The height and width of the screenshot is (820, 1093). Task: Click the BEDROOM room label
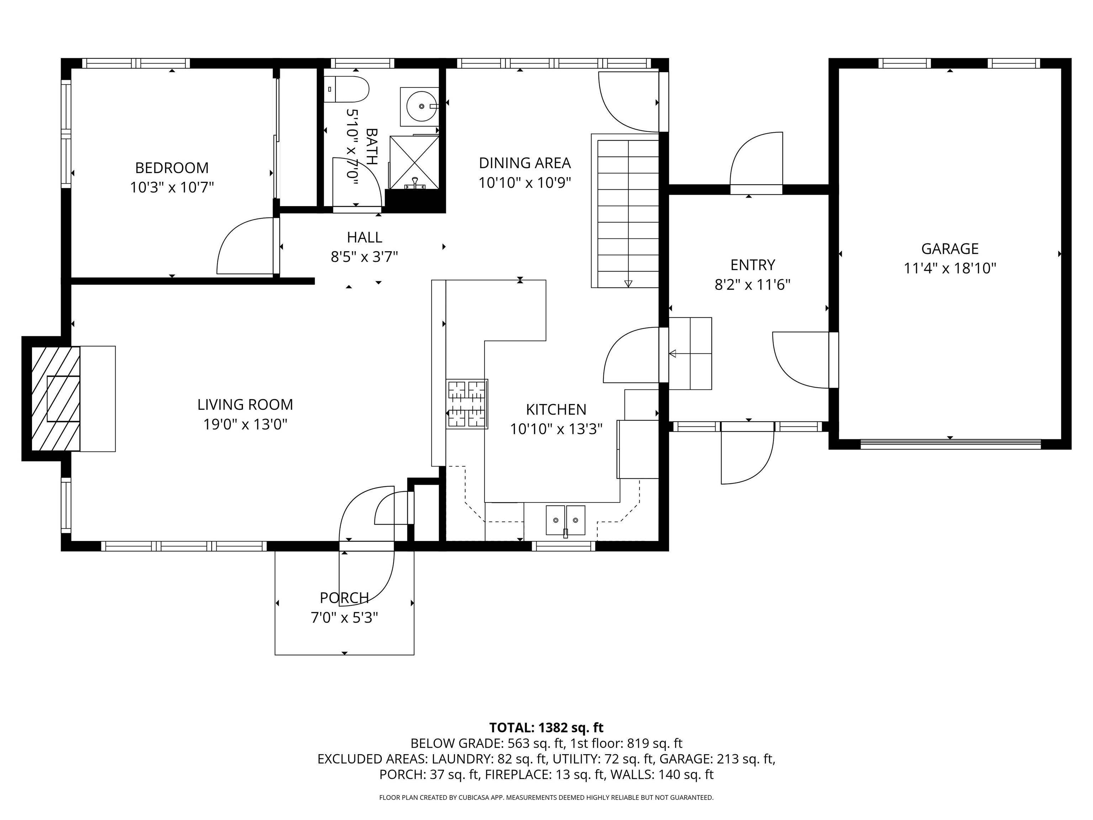coord(172,168)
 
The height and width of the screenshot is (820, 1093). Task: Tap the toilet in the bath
coord(347,89)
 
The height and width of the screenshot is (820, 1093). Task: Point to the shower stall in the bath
coord(415,162)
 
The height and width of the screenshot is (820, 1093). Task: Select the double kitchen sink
coord(565,520)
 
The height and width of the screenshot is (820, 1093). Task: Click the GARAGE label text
coord(950,249)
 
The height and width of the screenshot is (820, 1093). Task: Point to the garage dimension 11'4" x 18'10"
coord(950,268)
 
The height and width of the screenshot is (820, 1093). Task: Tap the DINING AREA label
coord(525,163)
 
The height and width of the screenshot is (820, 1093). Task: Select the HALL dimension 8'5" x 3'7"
coord(365,257)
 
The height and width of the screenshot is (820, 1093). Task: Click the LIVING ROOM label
coord(245,405)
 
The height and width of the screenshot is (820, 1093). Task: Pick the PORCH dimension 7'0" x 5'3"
coord(344,618)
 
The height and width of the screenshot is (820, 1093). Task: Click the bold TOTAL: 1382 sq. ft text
coord(546,727)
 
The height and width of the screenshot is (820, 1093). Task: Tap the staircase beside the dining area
coord(625,211)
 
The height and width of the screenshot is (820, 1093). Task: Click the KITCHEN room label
coord(556,410)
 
